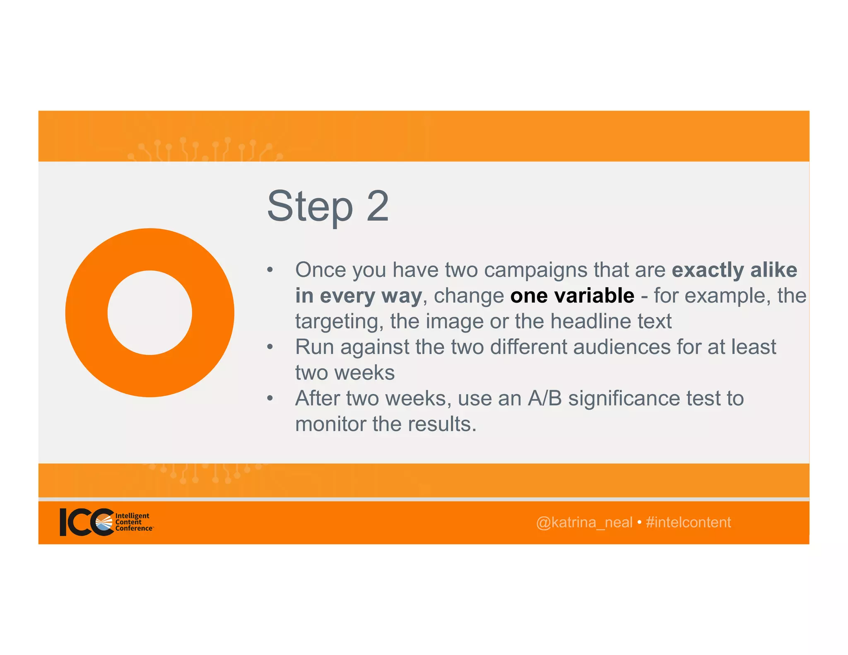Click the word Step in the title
(x=310, y=207)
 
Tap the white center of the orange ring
(x=150, y=313)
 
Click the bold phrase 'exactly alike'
(x=734, y=270)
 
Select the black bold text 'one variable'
(x=572, y=296)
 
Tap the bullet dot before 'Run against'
(x=270, y=347)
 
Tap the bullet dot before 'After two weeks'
(x=270, y=398)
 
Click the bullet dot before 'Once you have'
(x=270, y=270)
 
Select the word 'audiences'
(x=622, y=347)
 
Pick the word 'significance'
(x=624, y=398)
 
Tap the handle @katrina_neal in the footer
(x=584, y=523)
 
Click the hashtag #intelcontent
(x=688, y=523)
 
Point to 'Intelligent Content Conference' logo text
(x=132, y=522)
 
